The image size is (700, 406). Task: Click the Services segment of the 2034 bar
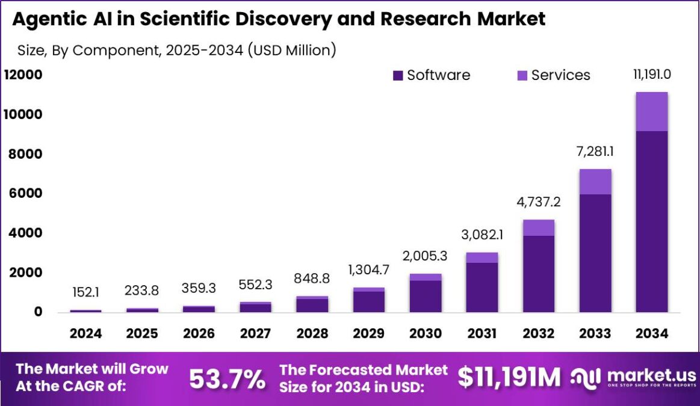click(651, 111)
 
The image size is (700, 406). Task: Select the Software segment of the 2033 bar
click(595, 253)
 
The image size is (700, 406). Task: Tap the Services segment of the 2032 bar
click(538, 227)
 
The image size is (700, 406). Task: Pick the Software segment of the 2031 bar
click(482, 288)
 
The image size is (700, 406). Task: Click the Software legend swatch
click(397, 76)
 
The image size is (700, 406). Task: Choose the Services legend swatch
click(522, 76)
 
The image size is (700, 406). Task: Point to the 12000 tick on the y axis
click(23, 75)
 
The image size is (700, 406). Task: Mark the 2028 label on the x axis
click(312, 334)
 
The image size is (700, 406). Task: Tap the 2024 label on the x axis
click(85, 334)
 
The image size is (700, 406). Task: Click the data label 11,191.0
click(651, 75)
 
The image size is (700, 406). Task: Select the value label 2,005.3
click(425, 256)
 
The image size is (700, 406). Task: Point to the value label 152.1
click(85, 292)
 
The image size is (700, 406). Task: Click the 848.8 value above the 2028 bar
click(312, 278)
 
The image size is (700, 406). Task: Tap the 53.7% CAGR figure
click(227, 379)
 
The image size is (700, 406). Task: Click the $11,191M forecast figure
click(509, 377)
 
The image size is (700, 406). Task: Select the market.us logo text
click(651, 374)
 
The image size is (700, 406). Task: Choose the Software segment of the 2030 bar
click(425, 297)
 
